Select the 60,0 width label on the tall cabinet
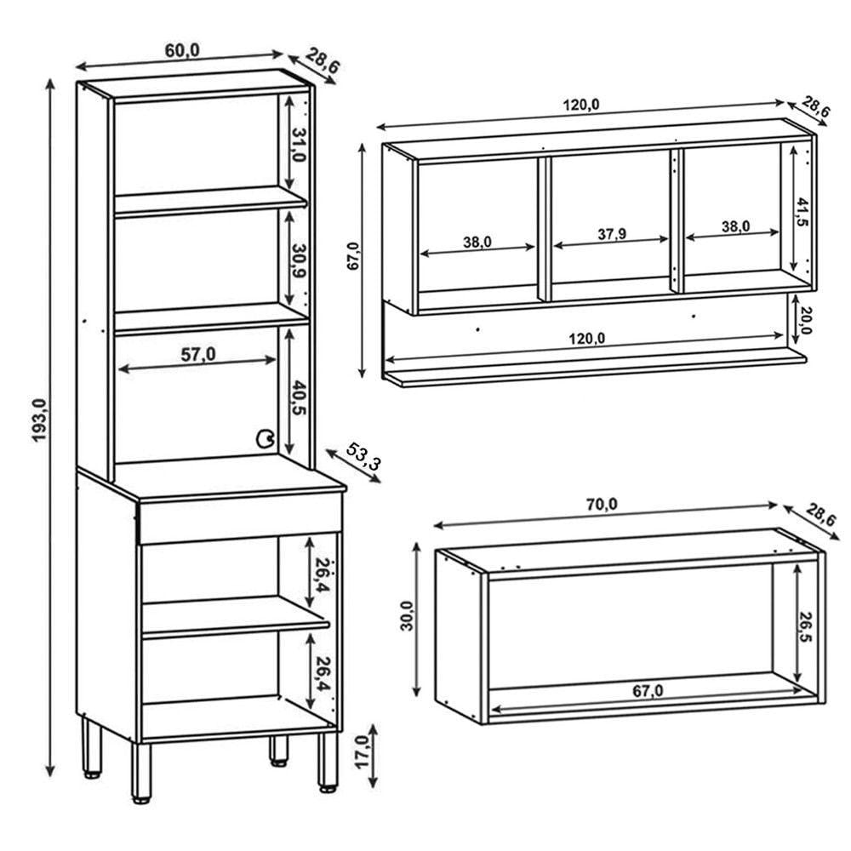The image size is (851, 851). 181,50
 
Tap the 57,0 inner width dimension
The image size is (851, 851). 197,356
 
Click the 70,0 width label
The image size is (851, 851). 601,504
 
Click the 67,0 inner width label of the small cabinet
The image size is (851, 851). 648,691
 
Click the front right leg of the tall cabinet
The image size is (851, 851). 327,760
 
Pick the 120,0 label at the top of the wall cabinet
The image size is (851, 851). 581,105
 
